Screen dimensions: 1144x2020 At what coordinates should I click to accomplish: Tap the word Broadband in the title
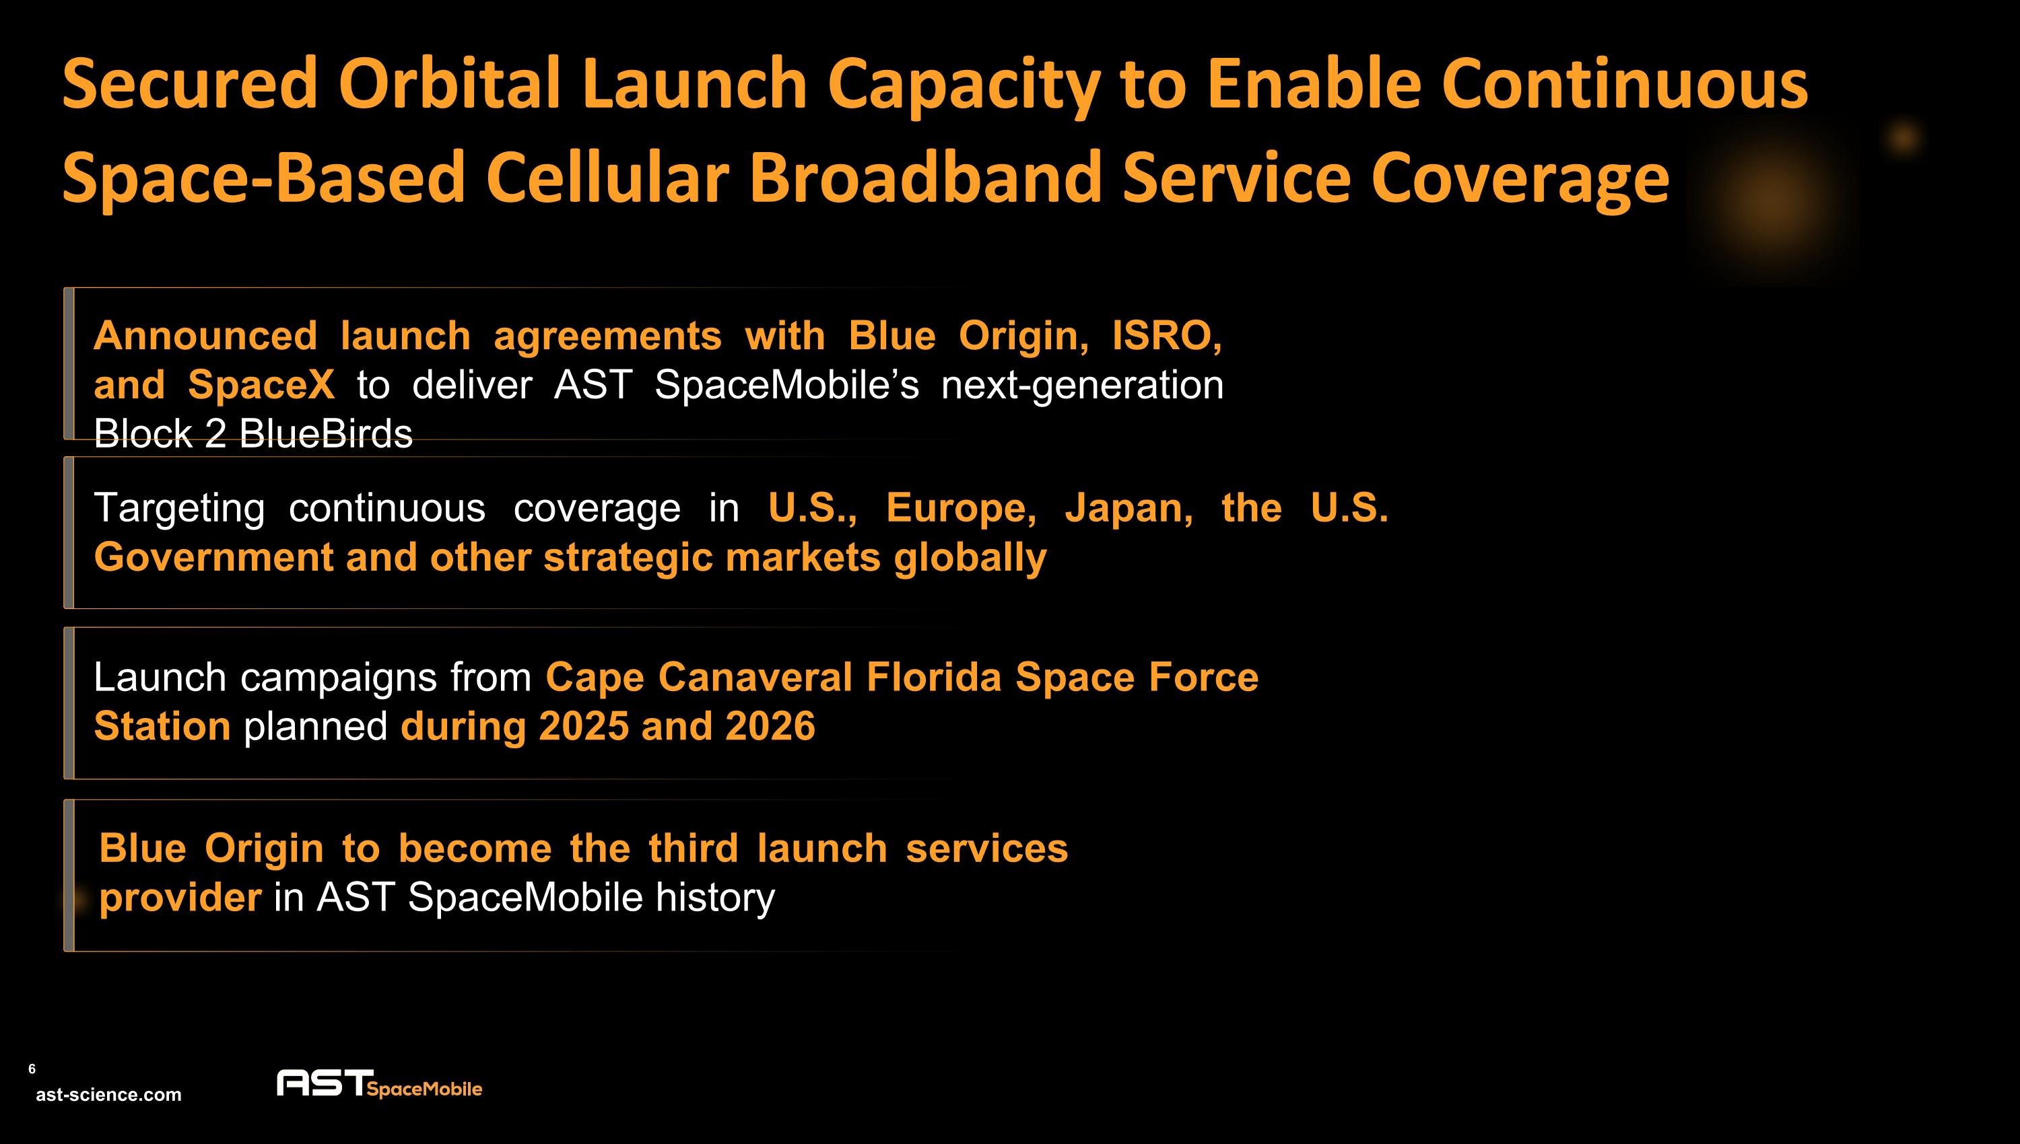pos(925,178)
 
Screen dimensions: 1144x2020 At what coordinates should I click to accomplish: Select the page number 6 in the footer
pos(32,1069)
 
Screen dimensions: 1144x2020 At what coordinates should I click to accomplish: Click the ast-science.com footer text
pos(108,1094)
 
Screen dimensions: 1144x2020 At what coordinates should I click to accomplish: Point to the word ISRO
pos(1166,336)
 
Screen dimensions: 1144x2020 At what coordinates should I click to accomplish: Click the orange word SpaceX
pos(261,385)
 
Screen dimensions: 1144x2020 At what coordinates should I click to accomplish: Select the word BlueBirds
pos(325,434)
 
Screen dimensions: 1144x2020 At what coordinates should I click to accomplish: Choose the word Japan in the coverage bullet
pos(1129,507)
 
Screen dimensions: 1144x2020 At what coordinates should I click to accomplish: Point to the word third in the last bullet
pos(692,848)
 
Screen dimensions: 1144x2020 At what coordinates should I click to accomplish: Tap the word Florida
pos(934,676)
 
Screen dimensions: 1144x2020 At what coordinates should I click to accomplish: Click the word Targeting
pos(178,507)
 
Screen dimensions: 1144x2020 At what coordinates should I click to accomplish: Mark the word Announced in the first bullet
pos(205,336)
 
